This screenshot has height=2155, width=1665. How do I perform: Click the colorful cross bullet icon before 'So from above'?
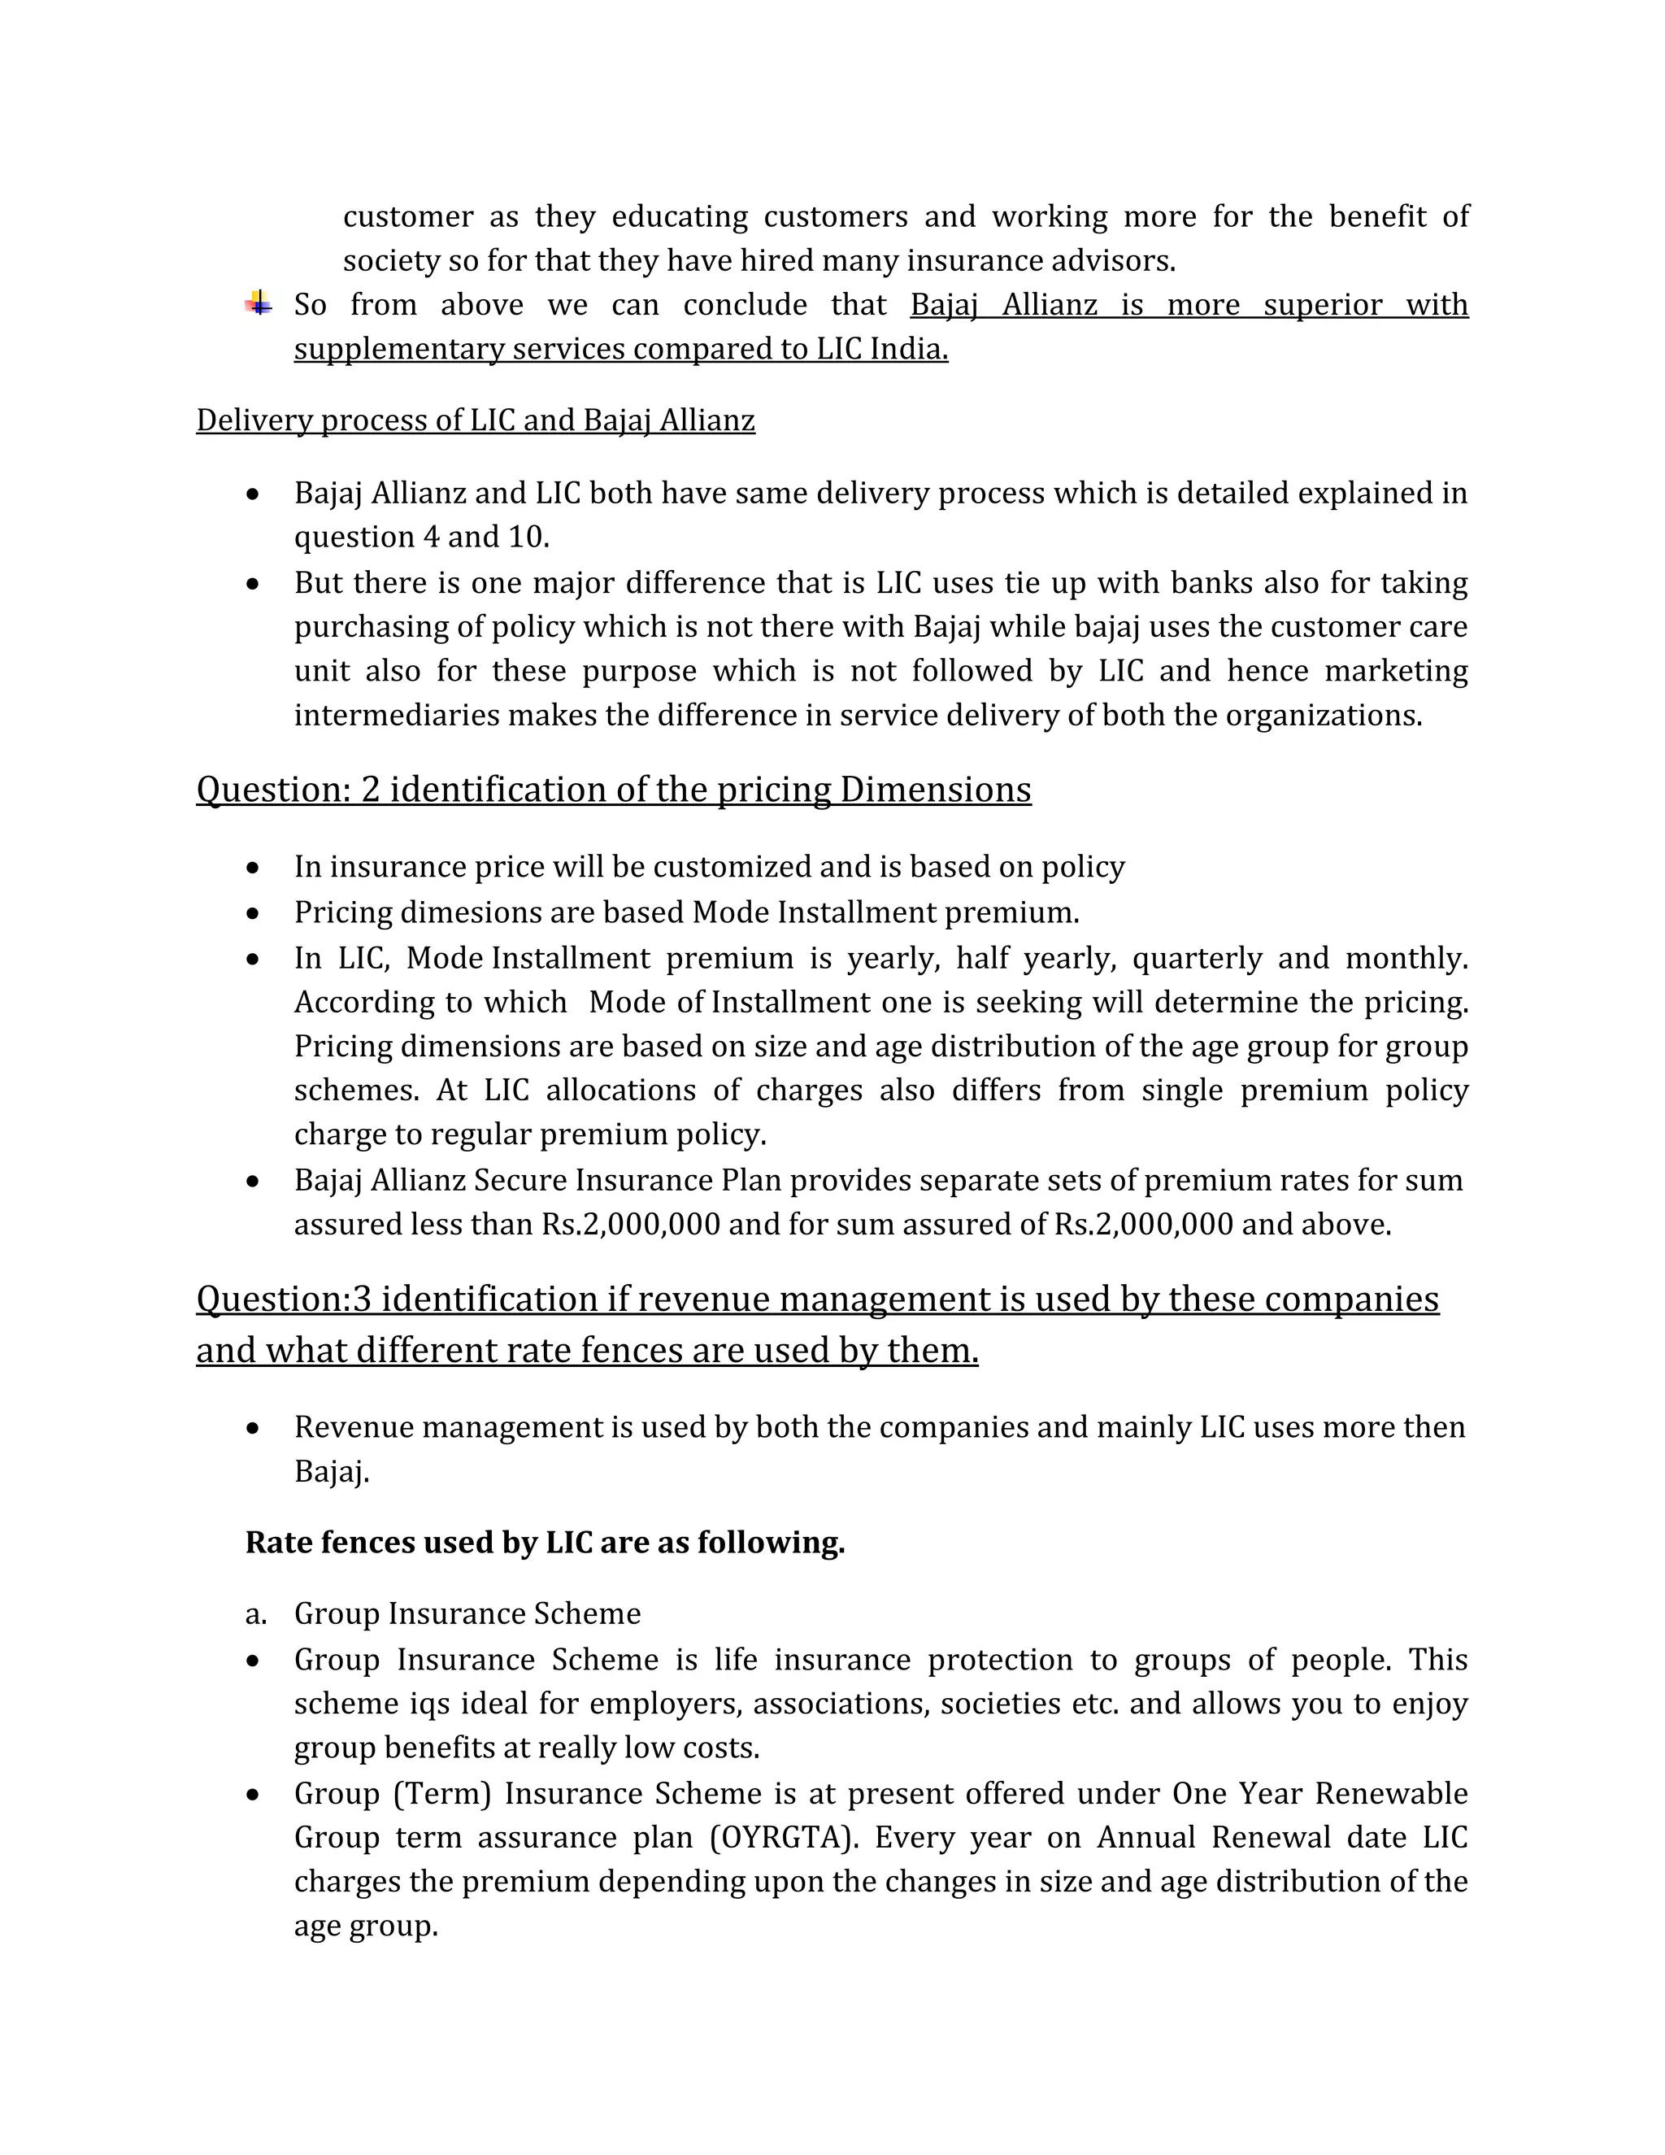tap(259, 303)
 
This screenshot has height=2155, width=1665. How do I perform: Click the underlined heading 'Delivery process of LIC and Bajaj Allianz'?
tap(476, 420)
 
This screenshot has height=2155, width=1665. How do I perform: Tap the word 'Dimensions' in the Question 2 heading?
tap(935, 790)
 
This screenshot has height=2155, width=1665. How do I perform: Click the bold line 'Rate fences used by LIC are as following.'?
tap(545, 1542)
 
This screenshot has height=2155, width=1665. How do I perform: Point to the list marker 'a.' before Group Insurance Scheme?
tap(255, 1613)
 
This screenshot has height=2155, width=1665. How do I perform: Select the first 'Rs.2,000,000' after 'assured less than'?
tap(630, 1225)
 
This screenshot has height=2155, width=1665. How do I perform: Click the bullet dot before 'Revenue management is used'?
tap(254, 1428)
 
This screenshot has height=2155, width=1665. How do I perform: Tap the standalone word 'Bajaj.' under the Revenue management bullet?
tap(332, 1472)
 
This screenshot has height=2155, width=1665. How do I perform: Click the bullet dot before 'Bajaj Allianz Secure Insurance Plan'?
tap(254, 1181)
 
